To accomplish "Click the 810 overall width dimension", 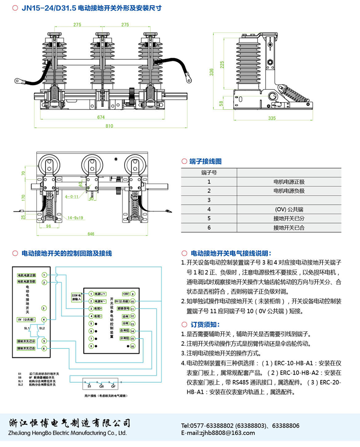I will tap(109, 126).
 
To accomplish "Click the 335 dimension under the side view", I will tap(271, 118).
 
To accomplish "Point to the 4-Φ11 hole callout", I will tap(72, 197).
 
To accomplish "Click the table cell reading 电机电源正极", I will tap(289, 182).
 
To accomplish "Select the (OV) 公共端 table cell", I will tap(289, 209).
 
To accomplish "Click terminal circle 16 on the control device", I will tap(132, 346).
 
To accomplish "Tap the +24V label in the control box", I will tap(125, 293).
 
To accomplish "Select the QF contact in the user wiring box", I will tap(113, 386).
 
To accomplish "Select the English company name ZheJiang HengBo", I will tap(67, 433).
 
